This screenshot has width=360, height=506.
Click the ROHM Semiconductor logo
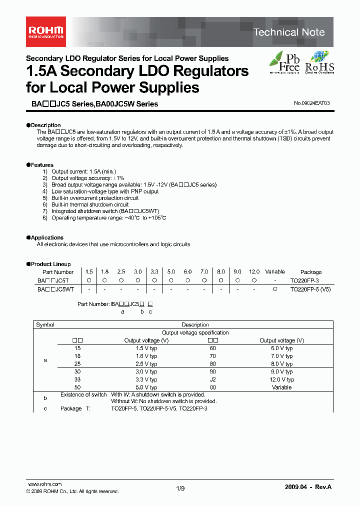[x=45, y=31]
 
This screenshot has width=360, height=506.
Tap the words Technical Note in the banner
[x=289, y=32]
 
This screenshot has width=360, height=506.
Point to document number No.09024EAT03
[x=312, y=103]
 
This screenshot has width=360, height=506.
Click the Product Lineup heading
[x=50, y=264]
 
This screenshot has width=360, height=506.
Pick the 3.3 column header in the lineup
[x=154, y=271]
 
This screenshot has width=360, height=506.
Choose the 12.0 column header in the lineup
[x=254, y=271]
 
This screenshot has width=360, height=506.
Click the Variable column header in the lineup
[x=274, y=271]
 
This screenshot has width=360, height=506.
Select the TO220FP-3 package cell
[x=304, y=281]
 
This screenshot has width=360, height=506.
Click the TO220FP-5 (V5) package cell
[x=310, y=289]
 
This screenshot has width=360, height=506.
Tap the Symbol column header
[x=45, y=324]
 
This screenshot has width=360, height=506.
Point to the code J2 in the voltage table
[x=212, y=379]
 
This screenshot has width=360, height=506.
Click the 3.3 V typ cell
[x=146, y=379]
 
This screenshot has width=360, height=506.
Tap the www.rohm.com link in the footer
[x=44, y=484]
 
